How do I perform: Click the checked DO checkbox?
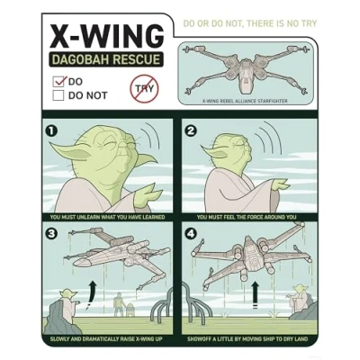(x=58, y=82)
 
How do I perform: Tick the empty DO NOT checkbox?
(x=58, y=95)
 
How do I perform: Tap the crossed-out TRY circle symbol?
(x=144, y=89)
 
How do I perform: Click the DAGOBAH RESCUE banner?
(x=106, y=59)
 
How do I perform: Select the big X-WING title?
(x=106, y=36)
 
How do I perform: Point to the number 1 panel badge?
(x=51, y=131)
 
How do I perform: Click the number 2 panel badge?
(x=191, y=131)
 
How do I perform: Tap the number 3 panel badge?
(x=51, y=233)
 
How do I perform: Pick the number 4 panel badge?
(x=191, y=233)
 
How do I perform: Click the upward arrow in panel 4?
(x=255, y=294)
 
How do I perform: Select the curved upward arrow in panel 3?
(x=91, y=295)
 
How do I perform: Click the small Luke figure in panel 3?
(x=119, y=306)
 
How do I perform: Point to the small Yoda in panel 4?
(x=298, y=299)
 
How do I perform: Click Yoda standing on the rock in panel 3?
(x=68, y=300)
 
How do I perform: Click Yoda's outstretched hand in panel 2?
(x=280, y=185)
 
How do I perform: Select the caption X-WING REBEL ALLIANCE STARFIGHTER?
(x=245, y=101)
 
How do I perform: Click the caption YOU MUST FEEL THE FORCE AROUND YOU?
(x=247, y=217)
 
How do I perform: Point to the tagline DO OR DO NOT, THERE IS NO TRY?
(x=249, y=23)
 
